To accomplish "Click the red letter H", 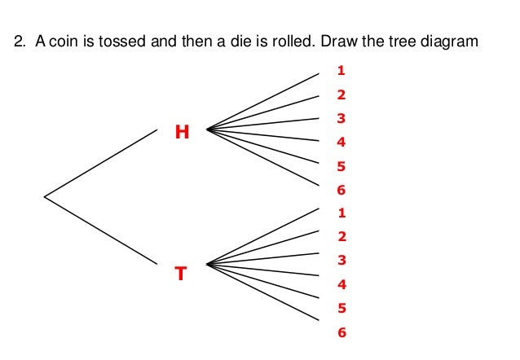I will tap(182, 131).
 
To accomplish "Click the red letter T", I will tap(181, 274).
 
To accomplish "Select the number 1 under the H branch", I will tap(341, 71).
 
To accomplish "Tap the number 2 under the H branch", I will tap(341, 95).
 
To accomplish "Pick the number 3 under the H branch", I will tap(341, 119).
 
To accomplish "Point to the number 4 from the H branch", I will tap(341, 143).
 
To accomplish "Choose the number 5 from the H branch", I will tap(341, 167).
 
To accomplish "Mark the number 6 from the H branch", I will tap(341, 191).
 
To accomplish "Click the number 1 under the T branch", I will tap(341, 213).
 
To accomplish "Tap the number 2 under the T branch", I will tap(341, 237).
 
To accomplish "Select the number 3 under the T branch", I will tap(341, 261).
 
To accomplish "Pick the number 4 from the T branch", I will tap(341, 285).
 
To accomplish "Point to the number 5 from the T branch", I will tap(341, 309).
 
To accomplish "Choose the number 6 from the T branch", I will tap(341, 332).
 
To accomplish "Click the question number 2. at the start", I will tap(22, 41).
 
